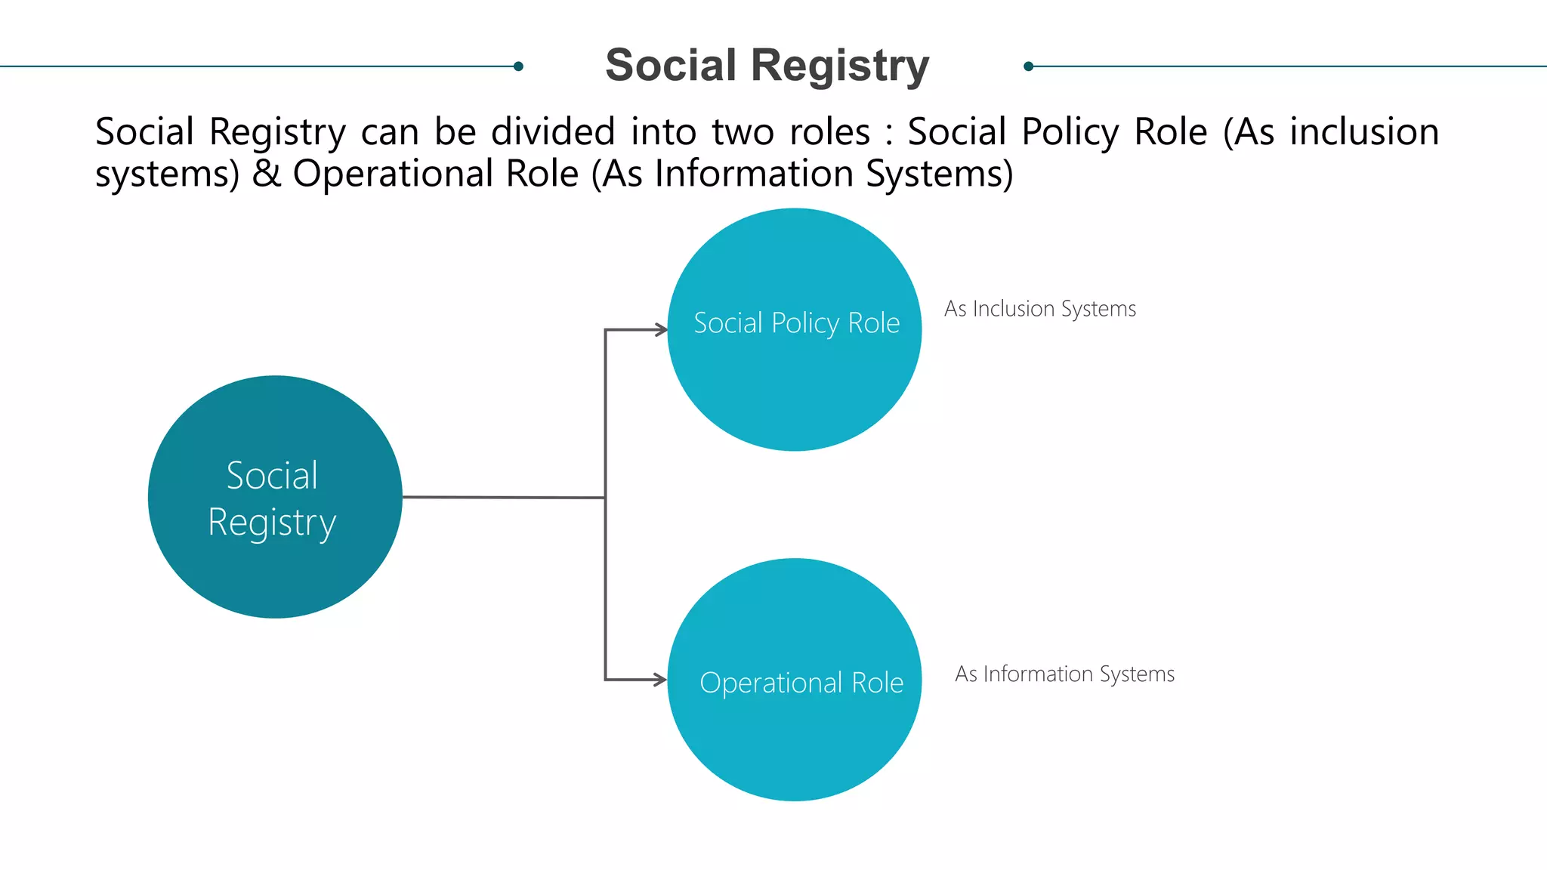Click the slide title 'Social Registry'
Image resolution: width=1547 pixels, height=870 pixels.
point(767,66)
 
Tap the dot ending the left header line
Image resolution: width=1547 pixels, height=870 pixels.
point(518,66)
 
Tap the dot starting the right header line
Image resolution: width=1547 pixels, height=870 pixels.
point(1028,66)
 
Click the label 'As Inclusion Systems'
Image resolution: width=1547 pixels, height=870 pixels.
point(1039,309)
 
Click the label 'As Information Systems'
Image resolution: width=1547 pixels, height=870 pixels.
point(1064,674)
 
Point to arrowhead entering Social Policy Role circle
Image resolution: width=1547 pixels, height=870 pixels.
point(661,330)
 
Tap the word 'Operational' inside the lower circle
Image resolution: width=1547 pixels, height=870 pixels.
point(770,683)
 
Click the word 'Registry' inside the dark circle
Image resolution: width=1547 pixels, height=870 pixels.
point(272,523)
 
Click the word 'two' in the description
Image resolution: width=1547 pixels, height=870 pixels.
point(743,132)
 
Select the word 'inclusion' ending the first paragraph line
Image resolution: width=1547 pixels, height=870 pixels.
point(1364,132)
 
